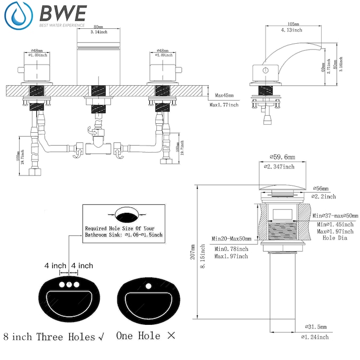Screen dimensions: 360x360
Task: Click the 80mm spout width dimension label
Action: (98, 27)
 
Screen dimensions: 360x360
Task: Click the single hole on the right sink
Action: (147, 284)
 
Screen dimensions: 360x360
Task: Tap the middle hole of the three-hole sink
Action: (69, 285)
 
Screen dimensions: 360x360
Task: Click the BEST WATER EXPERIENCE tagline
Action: (62, 25)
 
